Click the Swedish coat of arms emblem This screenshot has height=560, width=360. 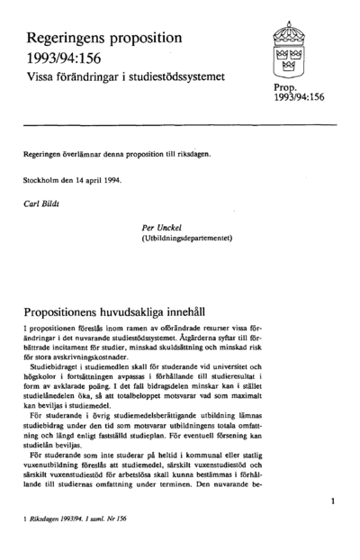coord(290,53)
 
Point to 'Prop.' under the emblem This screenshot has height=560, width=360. coord(274,90)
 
